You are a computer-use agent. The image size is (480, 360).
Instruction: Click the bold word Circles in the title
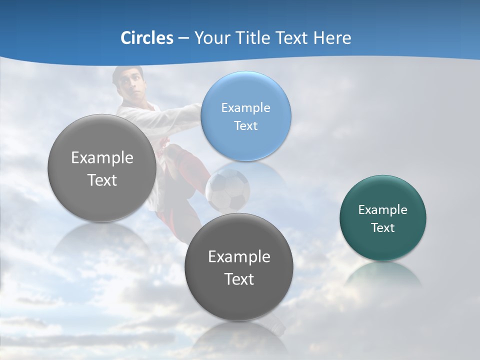click(x=146, y=38)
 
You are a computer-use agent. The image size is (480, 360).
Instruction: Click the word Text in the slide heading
click(x=292, y=38)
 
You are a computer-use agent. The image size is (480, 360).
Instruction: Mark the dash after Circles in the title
click(x=183, y=38)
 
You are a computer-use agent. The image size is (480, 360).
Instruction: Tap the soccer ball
click(x=227, y=190)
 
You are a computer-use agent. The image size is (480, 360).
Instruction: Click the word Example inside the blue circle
click(x=245, y=107)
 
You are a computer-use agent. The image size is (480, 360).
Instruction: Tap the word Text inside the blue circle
click(x=245, y=125)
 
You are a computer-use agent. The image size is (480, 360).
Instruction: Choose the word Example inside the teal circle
click(x=383, y=209)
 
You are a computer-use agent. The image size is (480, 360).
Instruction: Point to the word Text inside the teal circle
click(x=383, y=227)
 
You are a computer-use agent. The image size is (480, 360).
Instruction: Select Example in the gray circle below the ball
click(x=239, y=256)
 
